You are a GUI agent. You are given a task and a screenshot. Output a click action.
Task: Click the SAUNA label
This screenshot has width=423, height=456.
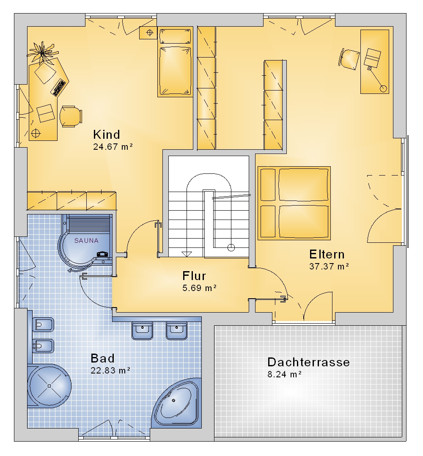(x=86, y=241)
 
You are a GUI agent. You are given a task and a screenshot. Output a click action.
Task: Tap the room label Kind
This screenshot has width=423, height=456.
(x=107, y=135)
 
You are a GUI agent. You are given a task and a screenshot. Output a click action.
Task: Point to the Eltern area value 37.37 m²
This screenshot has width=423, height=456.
(x=329, y=266)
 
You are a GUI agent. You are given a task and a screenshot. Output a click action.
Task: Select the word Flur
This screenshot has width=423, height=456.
(x=194, y=276)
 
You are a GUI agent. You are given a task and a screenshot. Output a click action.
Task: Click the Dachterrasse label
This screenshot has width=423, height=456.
(x=308, y=362)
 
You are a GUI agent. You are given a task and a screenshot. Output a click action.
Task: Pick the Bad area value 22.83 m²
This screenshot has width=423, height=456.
(x=110, y=371)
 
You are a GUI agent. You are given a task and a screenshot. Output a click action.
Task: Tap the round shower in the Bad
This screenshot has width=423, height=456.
(x=49, y=386)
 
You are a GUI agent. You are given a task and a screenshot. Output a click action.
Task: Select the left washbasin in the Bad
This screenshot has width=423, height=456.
(x=142, y=331)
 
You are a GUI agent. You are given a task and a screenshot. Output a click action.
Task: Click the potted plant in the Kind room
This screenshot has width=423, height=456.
(x=43, y=52)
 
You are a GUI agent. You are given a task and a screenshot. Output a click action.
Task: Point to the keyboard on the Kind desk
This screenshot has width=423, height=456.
(x=59, y=87)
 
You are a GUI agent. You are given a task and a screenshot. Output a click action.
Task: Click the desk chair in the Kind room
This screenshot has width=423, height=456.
(x=71, y=116)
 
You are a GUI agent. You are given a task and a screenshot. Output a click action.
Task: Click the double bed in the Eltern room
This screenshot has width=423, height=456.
(x=294, y=203)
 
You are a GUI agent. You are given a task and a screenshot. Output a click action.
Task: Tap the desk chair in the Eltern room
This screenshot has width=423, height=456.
(x=349, y=59)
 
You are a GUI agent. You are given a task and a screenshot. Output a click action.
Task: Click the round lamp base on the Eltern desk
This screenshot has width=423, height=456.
(x=384, y=88)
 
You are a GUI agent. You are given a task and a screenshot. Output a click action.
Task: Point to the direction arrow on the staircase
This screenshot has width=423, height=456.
(x=187, y=254)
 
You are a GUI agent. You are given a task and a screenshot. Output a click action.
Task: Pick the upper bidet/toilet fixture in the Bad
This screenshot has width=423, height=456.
(x=43, y=324)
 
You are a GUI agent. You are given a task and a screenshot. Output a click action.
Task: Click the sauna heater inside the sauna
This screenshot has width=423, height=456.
(x=102, y=255)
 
